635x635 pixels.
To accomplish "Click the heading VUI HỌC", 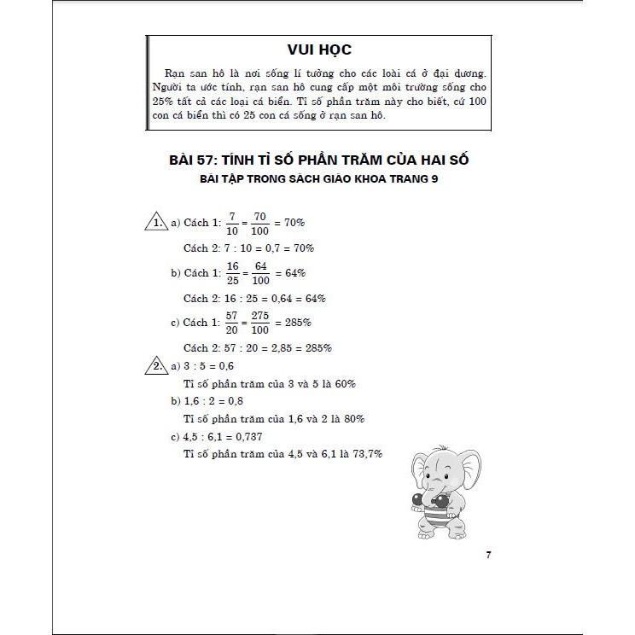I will pos(320,49).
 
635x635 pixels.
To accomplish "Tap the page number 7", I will pos(488,556).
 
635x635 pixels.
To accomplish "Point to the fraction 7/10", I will pos(231,223).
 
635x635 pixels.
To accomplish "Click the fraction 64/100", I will pos(260,273).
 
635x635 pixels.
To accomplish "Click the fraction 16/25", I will pos(231,273).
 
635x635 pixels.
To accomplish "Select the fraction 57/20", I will pos(231,323).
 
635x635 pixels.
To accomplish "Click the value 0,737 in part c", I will pos(248,437).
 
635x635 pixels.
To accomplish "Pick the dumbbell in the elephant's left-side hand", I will pos(416,500).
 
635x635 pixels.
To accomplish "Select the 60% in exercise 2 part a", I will pos(342,384).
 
